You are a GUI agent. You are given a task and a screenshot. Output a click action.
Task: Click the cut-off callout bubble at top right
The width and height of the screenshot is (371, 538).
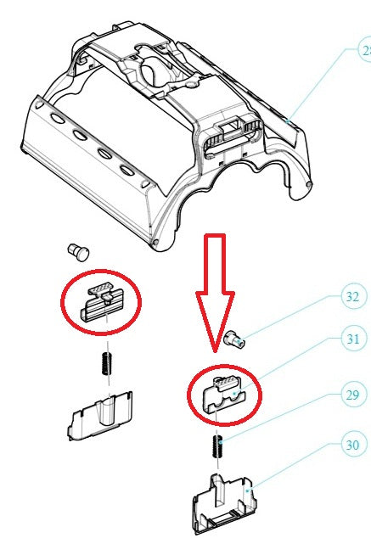coord(364,51)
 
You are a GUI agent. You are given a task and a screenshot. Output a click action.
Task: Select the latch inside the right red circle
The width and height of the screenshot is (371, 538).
coord(223,391)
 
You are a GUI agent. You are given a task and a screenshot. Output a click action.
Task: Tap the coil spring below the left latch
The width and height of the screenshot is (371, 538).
coord(103,366)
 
